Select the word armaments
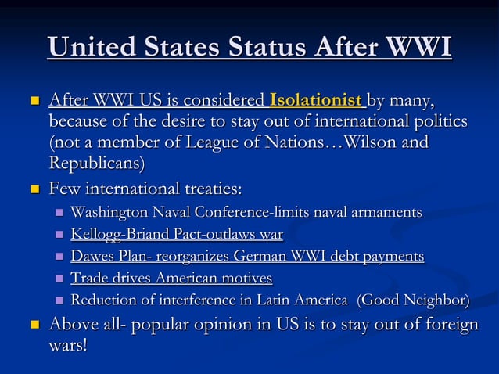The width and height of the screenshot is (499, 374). tap(386, 212)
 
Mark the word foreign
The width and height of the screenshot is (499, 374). tap(449, 324)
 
